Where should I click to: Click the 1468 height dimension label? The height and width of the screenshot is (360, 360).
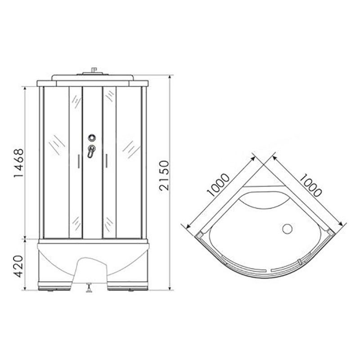pos(19,163)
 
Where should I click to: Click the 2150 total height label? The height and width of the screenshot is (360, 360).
pos(164,175)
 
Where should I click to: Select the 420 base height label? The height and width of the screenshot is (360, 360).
pos(18,266)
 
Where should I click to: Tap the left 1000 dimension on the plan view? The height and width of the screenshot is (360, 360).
pos(218,185)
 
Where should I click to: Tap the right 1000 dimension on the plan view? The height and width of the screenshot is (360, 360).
pos(310,185)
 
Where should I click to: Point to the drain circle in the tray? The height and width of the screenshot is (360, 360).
pos(287,229)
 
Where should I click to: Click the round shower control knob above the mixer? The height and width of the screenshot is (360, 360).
pos(92,138)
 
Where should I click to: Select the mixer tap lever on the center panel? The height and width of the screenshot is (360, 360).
pos(91,151)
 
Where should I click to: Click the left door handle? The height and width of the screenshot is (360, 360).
pos(78,162)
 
